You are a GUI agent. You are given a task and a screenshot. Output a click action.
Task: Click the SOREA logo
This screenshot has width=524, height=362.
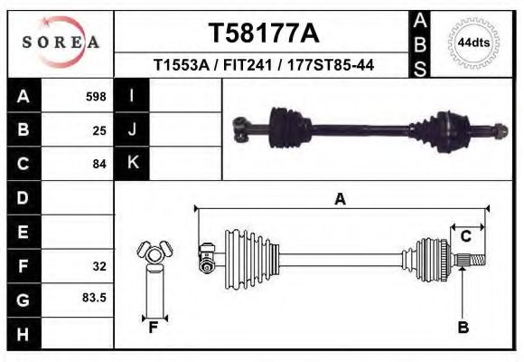click(x=61, y=41)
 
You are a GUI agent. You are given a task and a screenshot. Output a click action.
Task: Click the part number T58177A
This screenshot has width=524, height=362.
click(x=264, y=33)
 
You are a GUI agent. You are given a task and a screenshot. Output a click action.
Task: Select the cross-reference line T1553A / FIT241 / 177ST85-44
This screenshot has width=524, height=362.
click(x=264, y=65)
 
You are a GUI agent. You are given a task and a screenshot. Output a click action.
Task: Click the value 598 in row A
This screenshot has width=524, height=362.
click(x=96, y=95)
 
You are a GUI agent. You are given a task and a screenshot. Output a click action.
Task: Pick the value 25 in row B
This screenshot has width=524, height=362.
click(x=99, y=129)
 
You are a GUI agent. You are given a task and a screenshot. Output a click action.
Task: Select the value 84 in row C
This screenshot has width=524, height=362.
click(x=99, y=164)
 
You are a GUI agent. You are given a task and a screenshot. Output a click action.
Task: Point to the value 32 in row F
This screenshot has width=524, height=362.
click(x=99, y=266)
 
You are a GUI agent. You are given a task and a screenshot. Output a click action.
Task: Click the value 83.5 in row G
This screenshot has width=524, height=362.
click(x=95, y=297)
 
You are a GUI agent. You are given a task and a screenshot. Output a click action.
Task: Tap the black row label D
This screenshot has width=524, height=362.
click(x=23, y=197)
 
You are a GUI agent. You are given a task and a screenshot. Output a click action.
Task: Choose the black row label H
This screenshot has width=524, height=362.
click(x=23, y=335)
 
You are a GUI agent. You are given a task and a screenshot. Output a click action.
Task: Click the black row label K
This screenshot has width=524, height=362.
click(x=133, y=164)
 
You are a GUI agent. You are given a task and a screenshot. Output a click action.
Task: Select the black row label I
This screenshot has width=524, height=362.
click(x=133, y=95)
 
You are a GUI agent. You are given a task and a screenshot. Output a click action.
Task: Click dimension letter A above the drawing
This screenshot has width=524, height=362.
click(x=341, y=199)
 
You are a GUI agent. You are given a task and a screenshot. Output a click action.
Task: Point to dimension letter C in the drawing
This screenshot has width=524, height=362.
click(x=466, y=237)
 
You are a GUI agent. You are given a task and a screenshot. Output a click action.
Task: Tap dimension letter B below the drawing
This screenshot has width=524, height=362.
click(x=463, y=328)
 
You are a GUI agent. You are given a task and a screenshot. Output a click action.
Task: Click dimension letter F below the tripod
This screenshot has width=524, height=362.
click(x=154, y=328)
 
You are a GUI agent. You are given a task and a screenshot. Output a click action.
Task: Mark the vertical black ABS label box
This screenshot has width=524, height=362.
click(x=419, y=43)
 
